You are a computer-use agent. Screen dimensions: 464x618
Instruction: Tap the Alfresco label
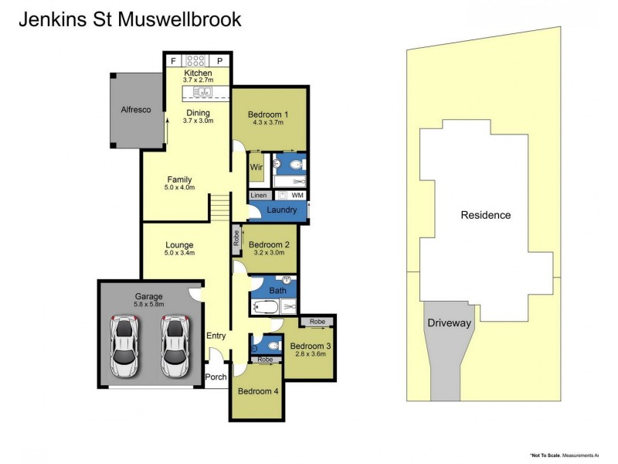(x=135, y=111)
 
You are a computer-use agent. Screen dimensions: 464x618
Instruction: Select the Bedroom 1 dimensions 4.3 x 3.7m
(x=268, y=125)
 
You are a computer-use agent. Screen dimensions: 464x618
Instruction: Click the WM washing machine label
(x=297, y=196)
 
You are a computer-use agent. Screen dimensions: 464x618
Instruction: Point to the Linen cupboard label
(x=259, y=196)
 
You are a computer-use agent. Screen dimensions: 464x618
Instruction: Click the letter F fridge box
(x=172, y=60)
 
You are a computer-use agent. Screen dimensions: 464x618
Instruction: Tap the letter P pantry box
(x=219, y=60)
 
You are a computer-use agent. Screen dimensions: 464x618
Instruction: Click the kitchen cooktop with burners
(x=195, y=60)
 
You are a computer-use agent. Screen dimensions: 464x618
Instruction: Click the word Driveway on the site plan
(x=449, y=323)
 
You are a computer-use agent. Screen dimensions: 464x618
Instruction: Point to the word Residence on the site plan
(x=486, y=215)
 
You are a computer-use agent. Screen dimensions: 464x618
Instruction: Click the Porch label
(x=217, y=377)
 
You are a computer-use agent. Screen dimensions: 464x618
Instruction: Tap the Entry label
(x=216, y=336)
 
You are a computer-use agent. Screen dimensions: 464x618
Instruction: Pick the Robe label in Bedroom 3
(x=317, y=321)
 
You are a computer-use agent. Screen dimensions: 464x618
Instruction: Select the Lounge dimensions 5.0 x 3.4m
(x=179, y=253)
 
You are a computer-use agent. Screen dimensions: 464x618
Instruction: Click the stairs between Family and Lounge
(x=221, y=207)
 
